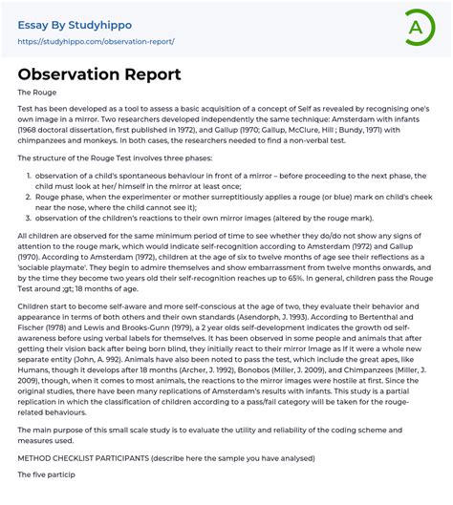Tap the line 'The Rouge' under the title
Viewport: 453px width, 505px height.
[x=37, y=93]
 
